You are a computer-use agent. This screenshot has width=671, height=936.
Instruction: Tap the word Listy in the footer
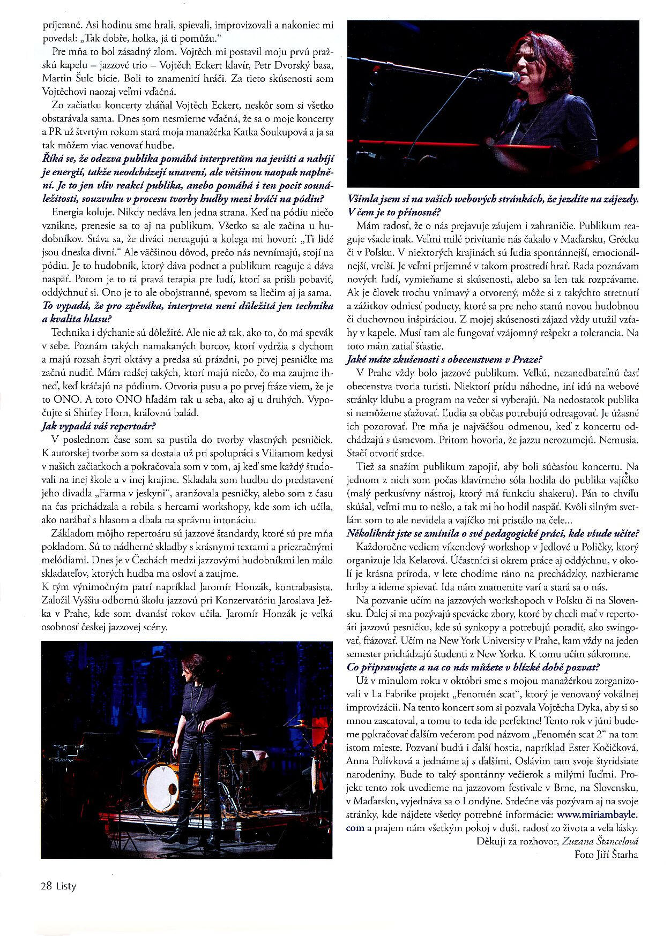click(x=66, y=886)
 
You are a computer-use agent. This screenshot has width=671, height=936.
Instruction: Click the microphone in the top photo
click(x=498, y=77)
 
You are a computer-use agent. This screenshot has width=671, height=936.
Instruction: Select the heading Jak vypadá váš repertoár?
click(x=99, y=426)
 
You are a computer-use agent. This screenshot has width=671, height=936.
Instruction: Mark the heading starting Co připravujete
click(x=473, y=667)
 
